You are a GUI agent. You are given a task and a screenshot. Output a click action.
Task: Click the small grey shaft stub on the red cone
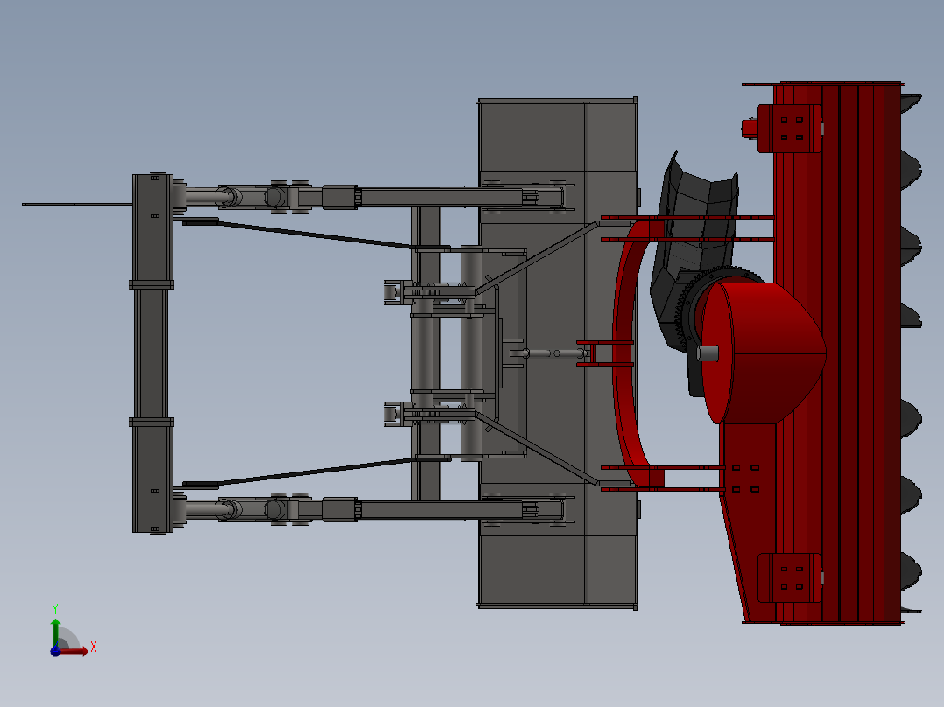click(x=708, y=353)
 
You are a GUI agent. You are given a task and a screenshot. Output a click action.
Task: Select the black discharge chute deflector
click(x=701, y=219)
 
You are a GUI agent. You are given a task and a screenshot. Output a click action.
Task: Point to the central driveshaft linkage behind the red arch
click(x=552, y=353)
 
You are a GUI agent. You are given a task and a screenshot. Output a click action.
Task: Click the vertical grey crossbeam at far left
click(x=151, y=350)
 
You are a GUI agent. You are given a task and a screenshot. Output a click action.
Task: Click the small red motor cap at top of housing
click(x=750, y=129)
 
